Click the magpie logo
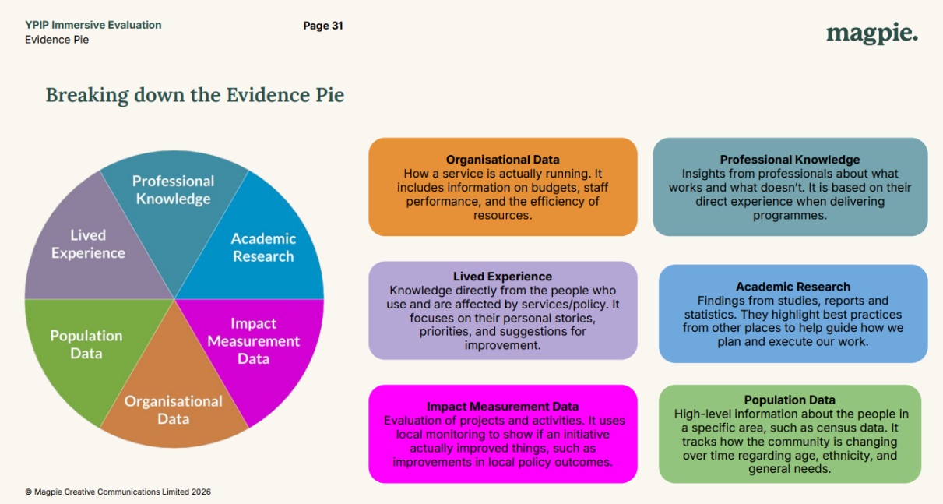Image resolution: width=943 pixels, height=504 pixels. coord(871,34)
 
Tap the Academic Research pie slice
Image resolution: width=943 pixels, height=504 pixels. coord(263,247)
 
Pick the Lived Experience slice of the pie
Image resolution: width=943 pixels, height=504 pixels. coord(88,244)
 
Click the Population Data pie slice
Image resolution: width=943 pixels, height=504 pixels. coord(86,344)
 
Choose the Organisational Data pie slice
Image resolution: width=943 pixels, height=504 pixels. coord(174,410)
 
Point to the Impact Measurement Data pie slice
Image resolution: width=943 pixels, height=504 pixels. coord(254,340)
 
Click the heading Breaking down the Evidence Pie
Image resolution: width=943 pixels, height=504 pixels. coord(195,95)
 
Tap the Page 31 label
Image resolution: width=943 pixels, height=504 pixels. coord(323,26)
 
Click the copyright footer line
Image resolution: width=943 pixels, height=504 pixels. coord(118,492)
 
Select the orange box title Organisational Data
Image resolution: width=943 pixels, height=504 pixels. coord(502,160)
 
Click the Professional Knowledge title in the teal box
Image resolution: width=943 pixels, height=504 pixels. coord(790,160)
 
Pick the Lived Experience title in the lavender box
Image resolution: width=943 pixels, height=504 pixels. coord(502,277)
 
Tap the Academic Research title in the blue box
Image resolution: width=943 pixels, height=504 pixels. coord(793,287)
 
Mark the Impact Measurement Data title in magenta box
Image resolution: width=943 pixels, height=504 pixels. coord(502,407)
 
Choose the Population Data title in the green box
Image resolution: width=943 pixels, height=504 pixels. coord(790,400)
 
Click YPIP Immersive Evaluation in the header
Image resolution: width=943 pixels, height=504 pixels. coord(93,25)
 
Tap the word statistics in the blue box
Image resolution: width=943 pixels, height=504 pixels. coord(715,315)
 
